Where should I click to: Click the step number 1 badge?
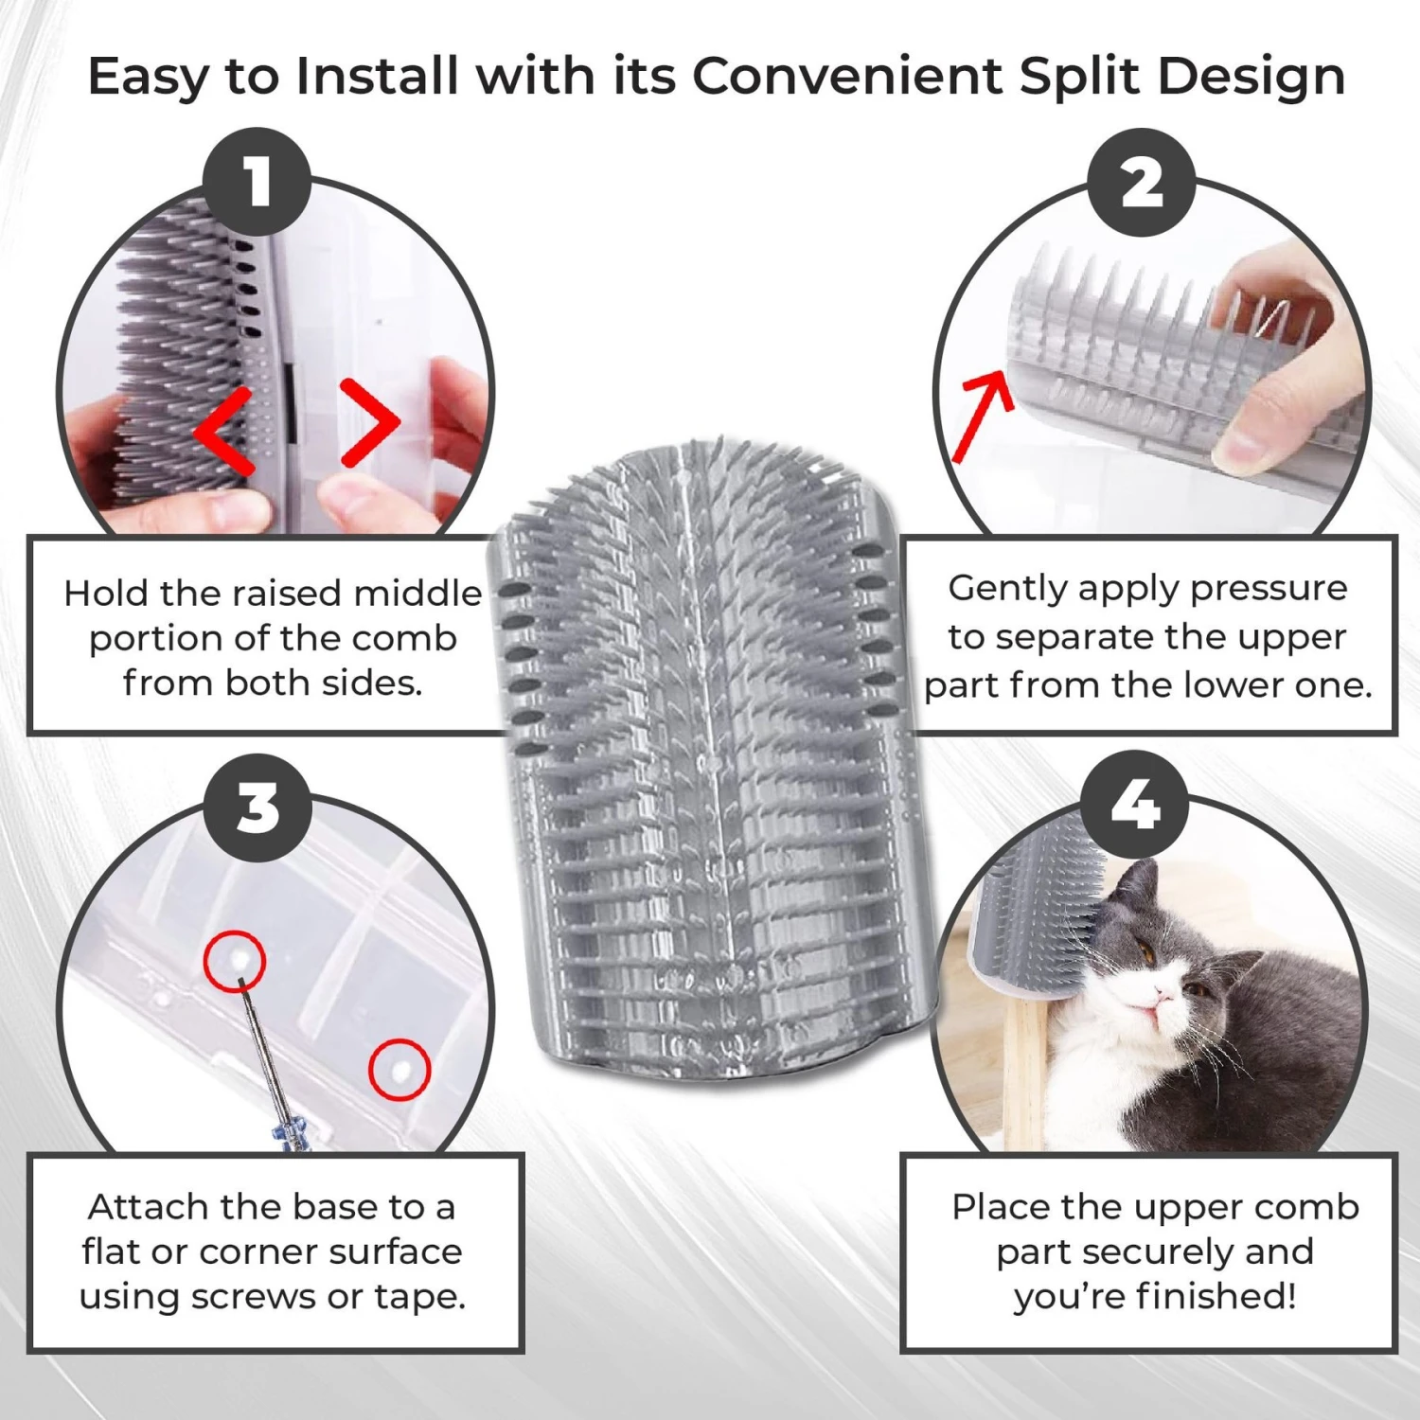[257, 181]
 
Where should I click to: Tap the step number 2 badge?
[1142, 183]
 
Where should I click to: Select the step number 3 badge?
[257, 808]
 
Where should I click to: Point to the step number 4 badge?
[1135, 806]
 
